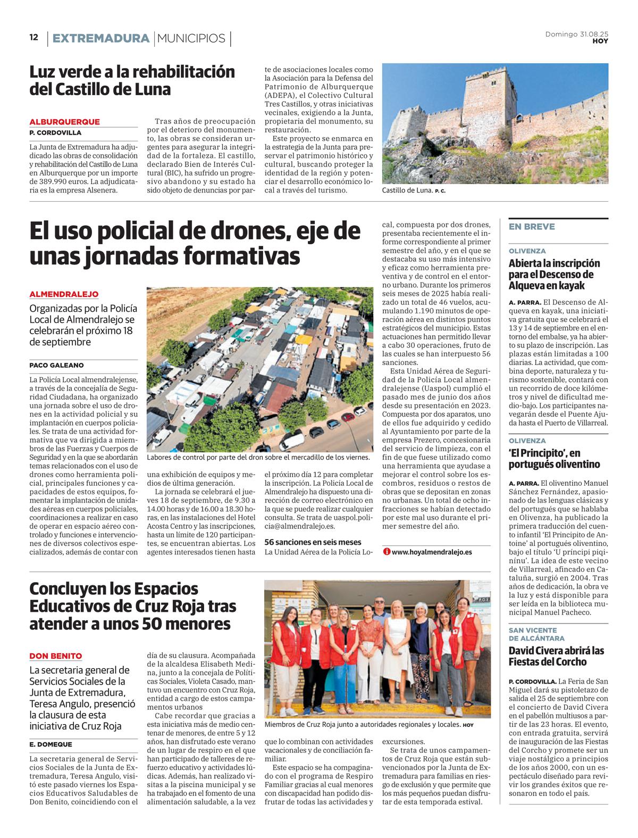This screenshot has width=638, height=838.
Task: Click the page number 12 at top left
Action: coord(34,38)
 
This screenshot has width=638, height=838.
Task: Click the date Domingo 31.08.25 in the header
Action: coord(576,34)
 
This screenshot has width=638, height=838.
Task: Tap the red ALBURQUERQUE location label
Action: coord(64,122)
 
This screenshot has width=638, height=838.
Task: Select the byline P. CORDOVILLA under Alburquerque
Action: coord(55,132)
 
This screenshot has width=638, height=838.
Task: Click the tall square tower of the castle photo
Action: coord(489,104)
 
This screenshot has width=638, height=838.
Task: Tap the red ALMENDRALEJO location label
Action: coord(64,294)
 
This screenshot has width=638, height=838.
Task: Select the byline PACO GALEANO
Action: coord(56,366)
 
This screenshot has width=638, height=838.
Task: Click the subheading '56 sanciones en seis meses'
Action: coord(313,542)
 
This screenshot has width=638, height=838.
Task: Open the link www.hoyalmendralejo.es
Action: coord(432,552)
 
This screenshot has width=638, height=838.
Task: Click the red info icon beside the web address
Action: coord(387,552)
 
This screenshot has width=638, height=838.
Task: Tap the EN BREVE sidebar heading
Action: coord(532,227)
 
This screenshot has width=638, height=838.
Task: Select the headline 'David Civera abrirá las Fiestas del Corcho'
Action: coord(556,656)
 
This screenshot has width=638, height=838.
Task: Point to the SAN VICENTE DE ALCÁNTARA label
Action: coord(536,634)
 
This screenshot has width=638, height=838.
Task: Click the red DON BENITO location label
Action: coord(56,656)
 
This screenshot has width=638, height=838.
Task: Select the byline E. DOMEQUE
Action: coord(51,744)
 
